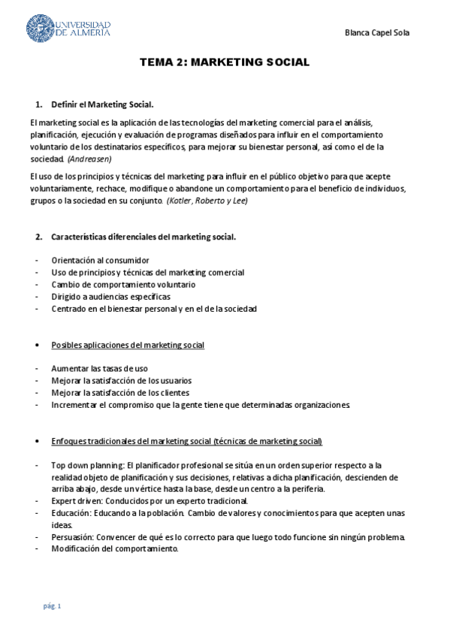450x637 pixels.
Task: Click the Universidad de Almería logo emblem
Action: click(x=40, y=29)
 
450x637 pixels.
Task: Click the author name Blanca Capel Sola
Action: click(x=376, y=33)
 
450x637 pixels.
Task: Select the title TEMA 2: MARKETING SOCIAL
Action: click(x=225, y=62)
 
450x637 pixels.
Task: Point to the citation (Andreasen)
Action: click(x=89, y=159)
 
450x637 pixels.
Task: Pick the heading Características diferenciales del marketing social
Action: click(x=143, y=237)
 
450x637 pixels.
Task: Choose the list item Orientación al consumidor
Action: click(x=100, y=260)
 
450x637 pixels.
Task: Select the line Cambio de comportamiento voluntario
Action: click(x=123, y=285)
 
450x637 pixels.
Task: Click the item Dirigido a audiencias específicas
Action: click(x=116, y=297)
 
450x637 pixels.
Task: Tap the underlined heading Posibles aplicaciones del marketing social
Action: click(x=128, y=345)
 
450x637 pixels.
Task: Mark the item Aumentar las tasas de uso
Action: click(x=99, y=369)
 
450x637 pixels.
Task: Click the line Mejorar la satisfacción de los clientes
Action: click(x=119, y=393)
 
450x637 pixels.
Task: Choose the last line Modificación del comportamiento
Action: click(x=115, y=548)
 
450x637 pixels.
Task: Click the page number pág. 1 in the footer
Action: click(x=52, y=606)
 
